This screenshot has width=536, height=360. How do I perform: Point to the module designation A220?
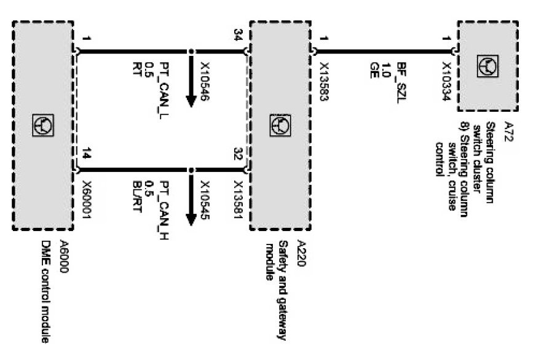click(300, 251)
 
